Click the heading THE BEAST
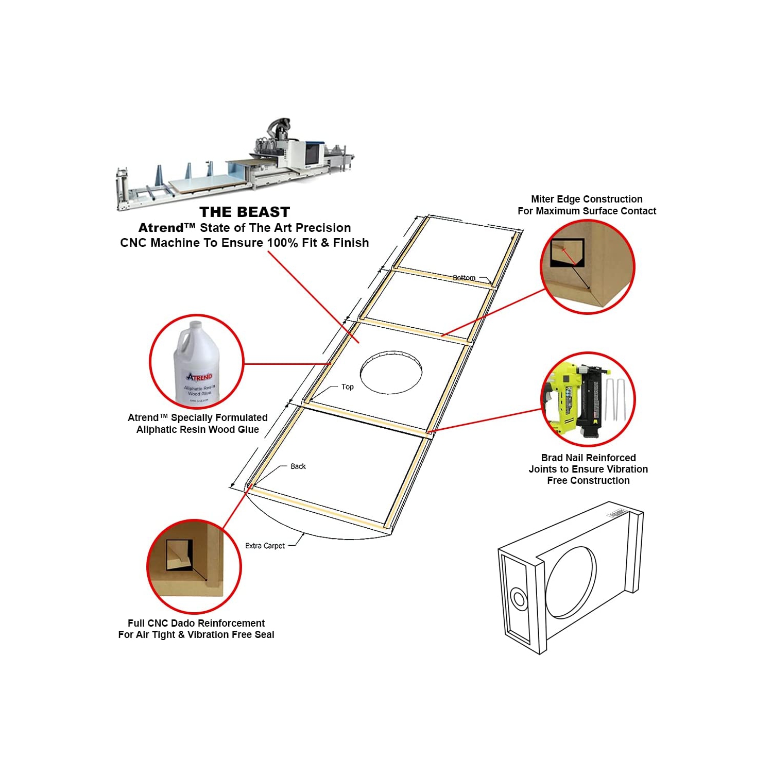pos(245,212)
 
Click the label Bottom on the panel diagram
pos(464,278)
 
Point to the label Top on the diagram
pos(347,386)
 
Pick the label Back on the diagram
pos(298,466)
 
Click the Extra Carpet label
pos(265,546)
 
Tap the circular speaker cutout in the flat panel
pos(391,373)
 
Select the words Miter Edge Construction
pos(586,199)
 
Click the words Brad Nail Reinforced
pos(588,458)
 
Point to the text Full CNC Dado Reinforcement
pos(196,623)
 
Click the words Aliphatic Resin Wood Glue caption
pos(197,429)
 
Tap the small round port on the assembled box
pos(518,599)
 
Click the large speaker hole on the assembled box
pos(571,582)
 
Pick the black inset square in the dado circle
pos(179,554)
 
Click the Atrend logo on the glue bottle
pos(199,377)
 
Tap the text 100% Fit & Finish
pos(318,243)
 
